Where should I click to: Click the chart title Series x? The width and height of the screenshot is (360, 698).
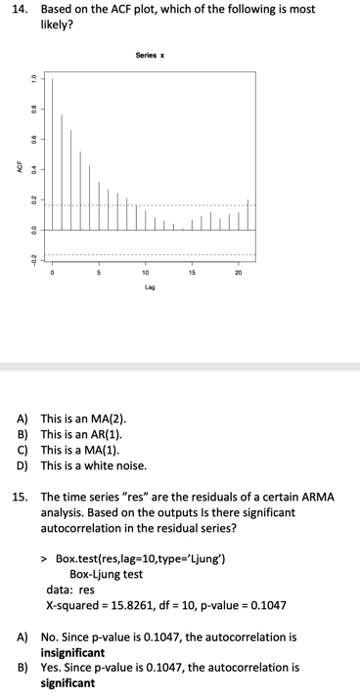pyautogui.click(x=149, y=56)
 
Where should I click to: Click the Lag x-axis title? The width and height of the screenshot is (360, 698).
pyautogui.click(x=149, y=287)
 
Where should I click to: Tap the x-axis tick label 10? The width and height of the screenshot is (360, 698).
pyautogui.click(x=146, y=273)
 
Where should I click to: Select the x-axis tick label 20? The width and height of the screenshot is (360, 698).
pyautogui.click(x=239, y=273)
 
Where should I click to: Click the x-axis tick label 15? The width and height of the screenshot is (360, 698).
pyautogui.click(x=192, y=273)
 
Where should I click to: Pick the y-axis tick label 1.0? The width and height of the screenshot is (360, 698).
pyautogui.click(x=34, y=78)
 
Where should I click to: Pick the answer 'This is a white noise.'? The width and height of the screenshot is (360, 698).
pyautogui.click(x=93, y=465)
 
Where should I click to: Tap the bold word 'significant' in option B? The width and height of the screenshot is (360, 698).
pyautogui.click(x=68, y=683)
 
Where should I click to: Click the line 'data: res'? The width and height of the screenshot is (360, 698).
pyautogui.click(x=70, y=589)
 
